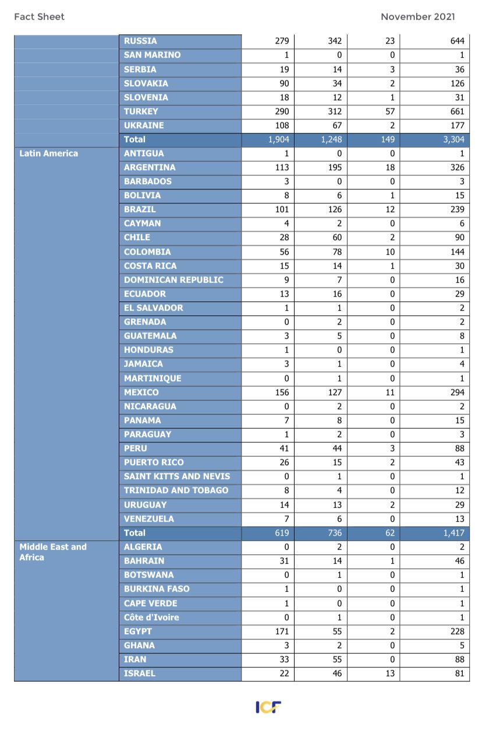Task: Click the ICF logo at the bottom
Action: (x=268, y=707)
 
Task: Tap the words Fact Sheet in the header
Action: (x=39, y=17)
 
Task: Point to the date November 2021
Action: (x=417, y=17)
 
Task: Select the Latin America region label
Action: (x=48, y=153)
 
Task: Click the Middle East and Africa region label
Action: (x=53, y=552)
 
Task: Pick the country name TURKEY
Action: (x=141, y=111)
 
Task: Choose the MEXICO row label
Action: (x=141, y=392)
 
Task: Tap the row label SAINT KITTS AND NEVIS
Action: (x=177, y=476)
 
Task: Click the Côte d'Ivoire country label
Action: (x=151, y=617)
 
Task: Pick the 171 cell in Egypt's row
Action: (x=282, y=631)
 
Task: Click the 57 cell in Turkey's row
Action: (x=389, y=111)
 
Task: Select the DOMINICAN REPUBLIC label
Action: (x=173, y=280)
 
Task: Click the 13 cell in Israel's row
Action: (x=389, y=673)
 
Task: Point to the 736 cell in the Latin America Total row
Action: (x=334, y=533)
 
